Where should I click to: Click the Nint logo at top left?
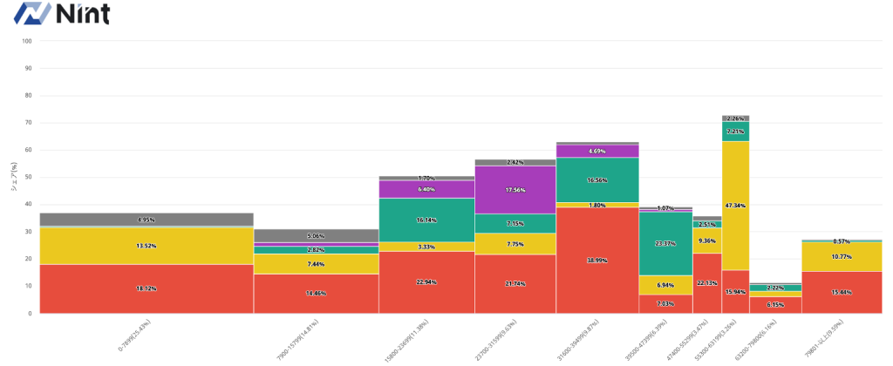click(56, 14)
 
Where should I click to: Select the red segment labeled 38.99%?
click(597, 260)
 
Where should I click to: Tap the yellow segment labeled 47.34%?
click(735, 206)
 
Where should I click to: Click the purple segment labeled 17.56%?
click(515, 190)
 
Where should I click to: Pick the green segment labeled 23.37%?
click(665, 244)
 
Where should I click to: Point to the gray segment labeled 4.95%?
click(147, 220)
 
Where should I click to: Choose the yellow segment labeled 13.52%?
click(147, 246)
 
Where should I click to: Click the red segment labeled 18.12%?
click(147, 288)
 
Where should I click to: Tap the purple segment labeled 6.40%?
click(426, 189)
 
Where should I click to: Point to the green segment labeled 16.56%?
click(597, 180)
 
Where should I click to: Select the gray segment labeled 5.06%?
click(316, 235)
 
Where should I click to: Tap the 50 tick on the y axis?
click(28, 177)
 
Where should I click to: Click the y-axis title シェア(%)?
click(15, 177)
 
